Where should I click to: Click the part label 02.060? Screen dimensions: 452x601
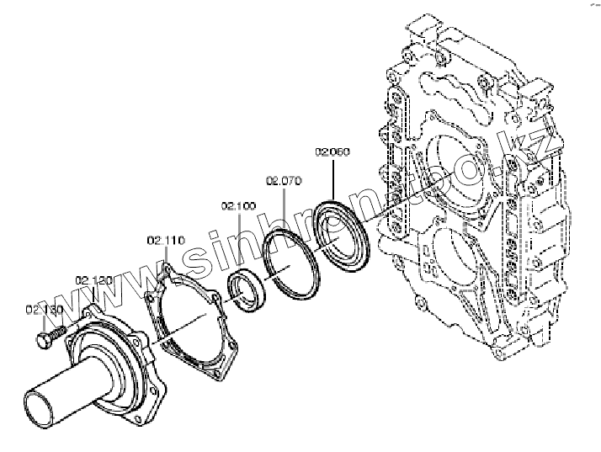click(x=332, y=152)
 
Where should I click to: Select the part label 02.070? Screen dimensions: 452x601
click(x=284, y=180)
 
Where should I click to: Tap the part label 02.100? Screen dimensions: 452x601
click(x=238, y=205)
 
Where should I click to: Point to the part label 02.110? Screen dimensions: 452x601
click(x=165, y=240)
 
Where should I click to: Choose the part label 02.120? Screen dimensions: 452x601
click(x=93, y=279)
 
